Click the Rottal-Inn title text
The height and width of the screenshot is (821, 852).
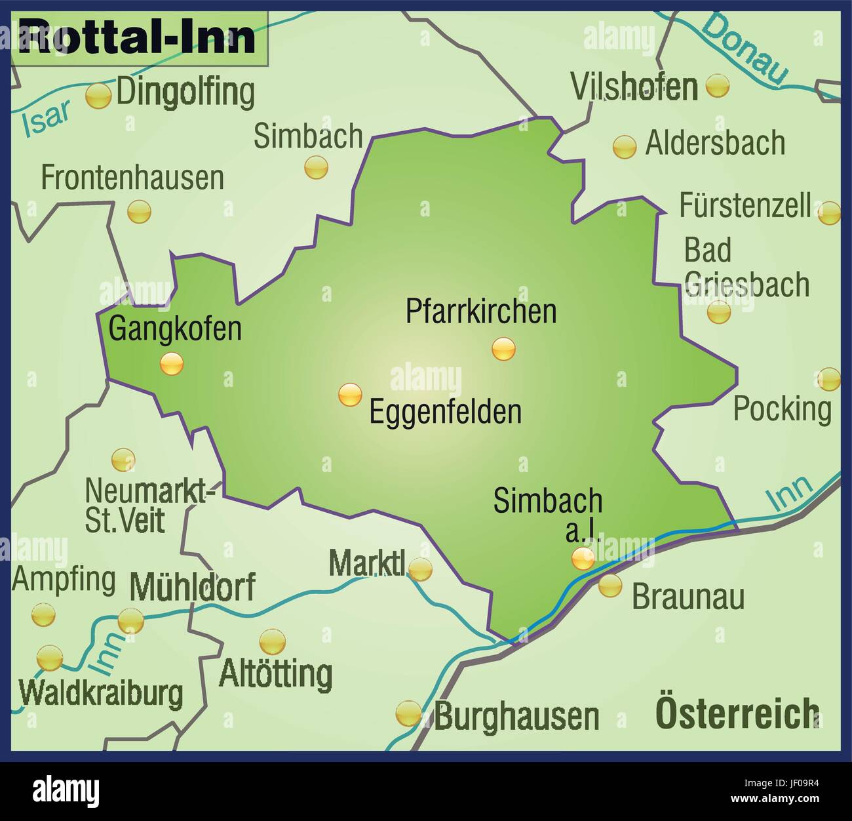[x=138, y=37]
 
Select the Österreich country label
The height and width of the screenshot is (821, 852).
[x=737, y=713]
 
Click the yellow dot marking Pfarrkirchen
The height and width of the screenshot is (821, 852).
[x=503, y=349]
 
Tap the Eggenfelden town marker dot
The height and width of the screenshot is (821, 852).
[x=350, y=395]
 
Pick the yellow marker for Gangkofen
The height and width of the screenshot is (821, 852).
[x=172, y=363]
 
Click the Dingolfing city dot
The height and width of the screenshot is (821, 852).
[x=99, y=96]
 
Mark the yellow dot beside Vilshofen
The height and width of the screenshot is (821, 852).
[x=718, y=86]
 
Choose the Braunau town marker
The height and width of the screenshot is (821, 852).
[x=610, y=585]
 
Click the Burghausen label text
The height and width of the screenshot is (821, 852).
[x=516, y=717]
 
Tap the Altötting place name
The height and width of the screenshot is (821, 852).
[x=275, y=673]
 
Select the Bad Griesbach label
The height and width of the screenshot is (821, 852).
[x=746, y=268]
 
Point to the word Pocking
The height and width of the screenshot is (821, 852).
[x=782, y=409]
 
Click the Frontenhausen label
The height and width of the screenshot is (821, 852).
[x=132, y=178]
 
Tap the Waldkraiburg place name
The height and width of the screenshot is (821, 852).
[x=102, y=693]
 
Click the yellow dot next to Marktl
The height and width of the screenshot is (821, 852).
[x=420, y=569]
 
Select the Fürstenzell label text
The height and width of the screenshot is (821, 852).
[x=745, y=206]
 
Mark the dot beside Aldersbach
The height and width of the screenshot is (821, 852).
[x=624, y=146]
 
